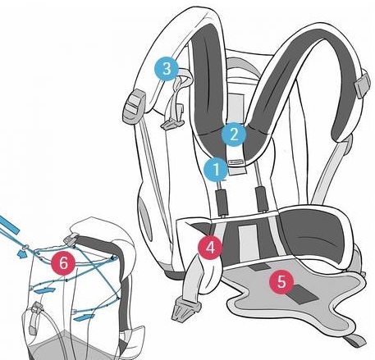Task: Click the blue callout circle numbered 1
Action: point(216,170)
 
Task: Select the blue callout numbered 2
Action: point(233,134)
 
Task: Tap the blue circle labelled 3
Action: point(167,69)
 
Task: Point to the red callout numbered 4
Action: point(210,248)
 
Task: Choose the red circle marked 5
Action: point(281,282)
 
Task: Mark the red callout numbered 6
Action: point(63,264)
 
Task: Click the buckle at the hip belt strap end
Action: point(184,308)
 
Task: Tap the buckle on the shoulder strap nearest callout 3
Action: point(133,104)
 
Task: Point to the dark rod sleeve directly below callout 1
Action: point(222,203)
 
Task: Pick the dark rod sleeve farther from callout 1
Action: point(261,199)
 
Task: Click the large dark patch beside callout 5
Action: point(304,294)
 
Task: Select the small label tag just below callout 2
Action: point(236,162)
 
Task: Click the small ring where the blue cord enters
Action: point(25,247)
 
